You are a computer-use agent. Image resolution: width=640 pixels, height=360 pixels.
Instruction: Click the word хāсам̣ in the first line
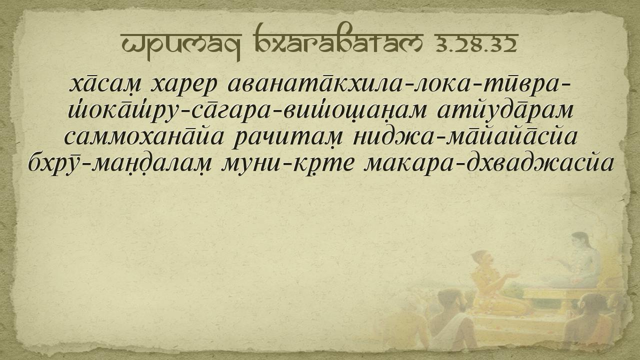[x=105, y=84]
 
